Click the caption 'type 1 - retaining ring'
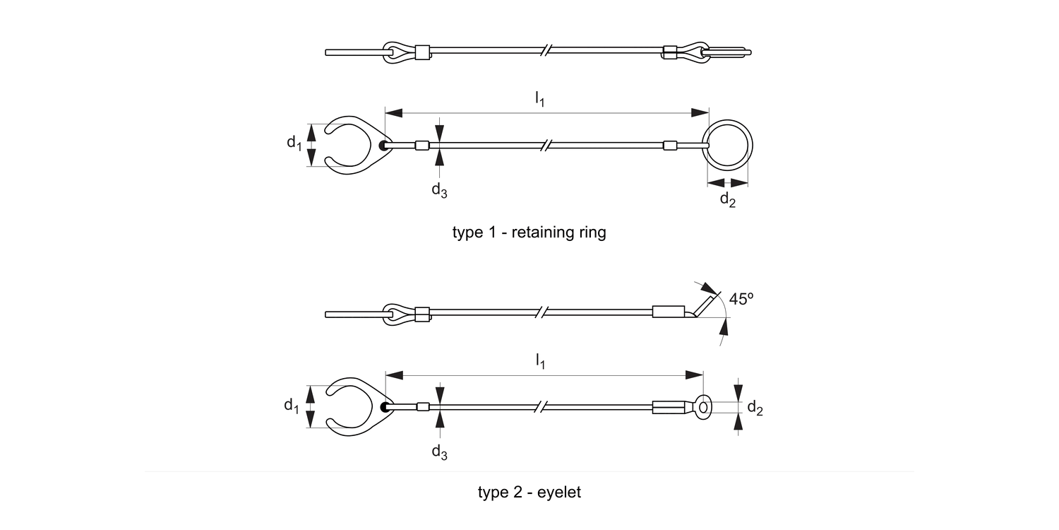point(529,232)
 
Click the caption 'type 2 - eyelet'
point(529,493)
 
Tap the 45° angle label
point(741,299)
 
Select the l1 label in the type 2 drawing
point(539,362)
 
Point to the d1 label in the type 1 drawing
point(294,143)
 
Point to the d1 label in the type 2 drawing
point(292,406)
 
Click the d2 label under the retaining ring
point(727,199)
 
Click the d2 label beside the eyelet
point(755,408)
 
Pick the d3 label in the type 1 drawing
point(439,190)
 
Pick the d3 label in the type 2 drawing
point(439,452)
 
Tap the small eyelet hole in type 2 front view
point(703,406)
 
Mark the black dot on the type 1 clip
point(383,146)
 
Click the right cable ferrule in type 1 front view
point(670,146)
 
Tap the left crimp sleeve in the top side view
point(421,52)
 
